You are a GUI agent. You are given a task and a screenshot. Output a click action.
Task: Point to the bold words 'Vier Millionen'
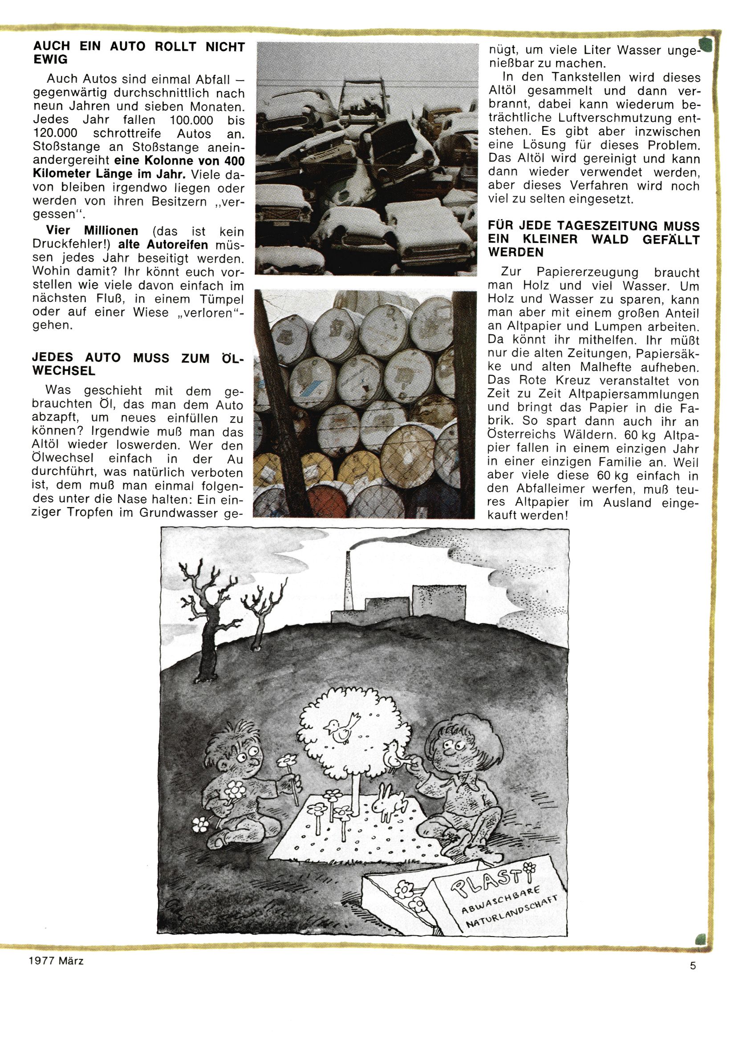[x=92, y=231]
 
